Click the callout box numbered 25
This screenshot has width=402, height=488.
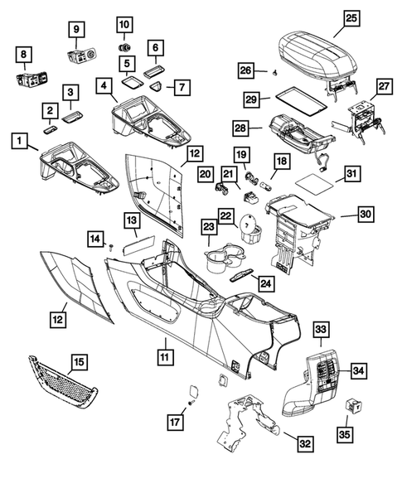tap(351, 17)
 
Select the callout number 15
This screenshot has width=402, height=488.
tap(79, 361)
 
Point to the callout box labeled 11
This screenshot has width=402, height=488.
tap(165, 357)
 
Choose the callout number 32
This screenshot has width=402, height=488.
tap(305, 445)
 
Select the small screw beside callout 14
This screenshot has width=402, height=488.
tap(111, 247)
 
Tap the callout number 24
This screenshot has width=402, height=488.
tap(265, 283)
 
